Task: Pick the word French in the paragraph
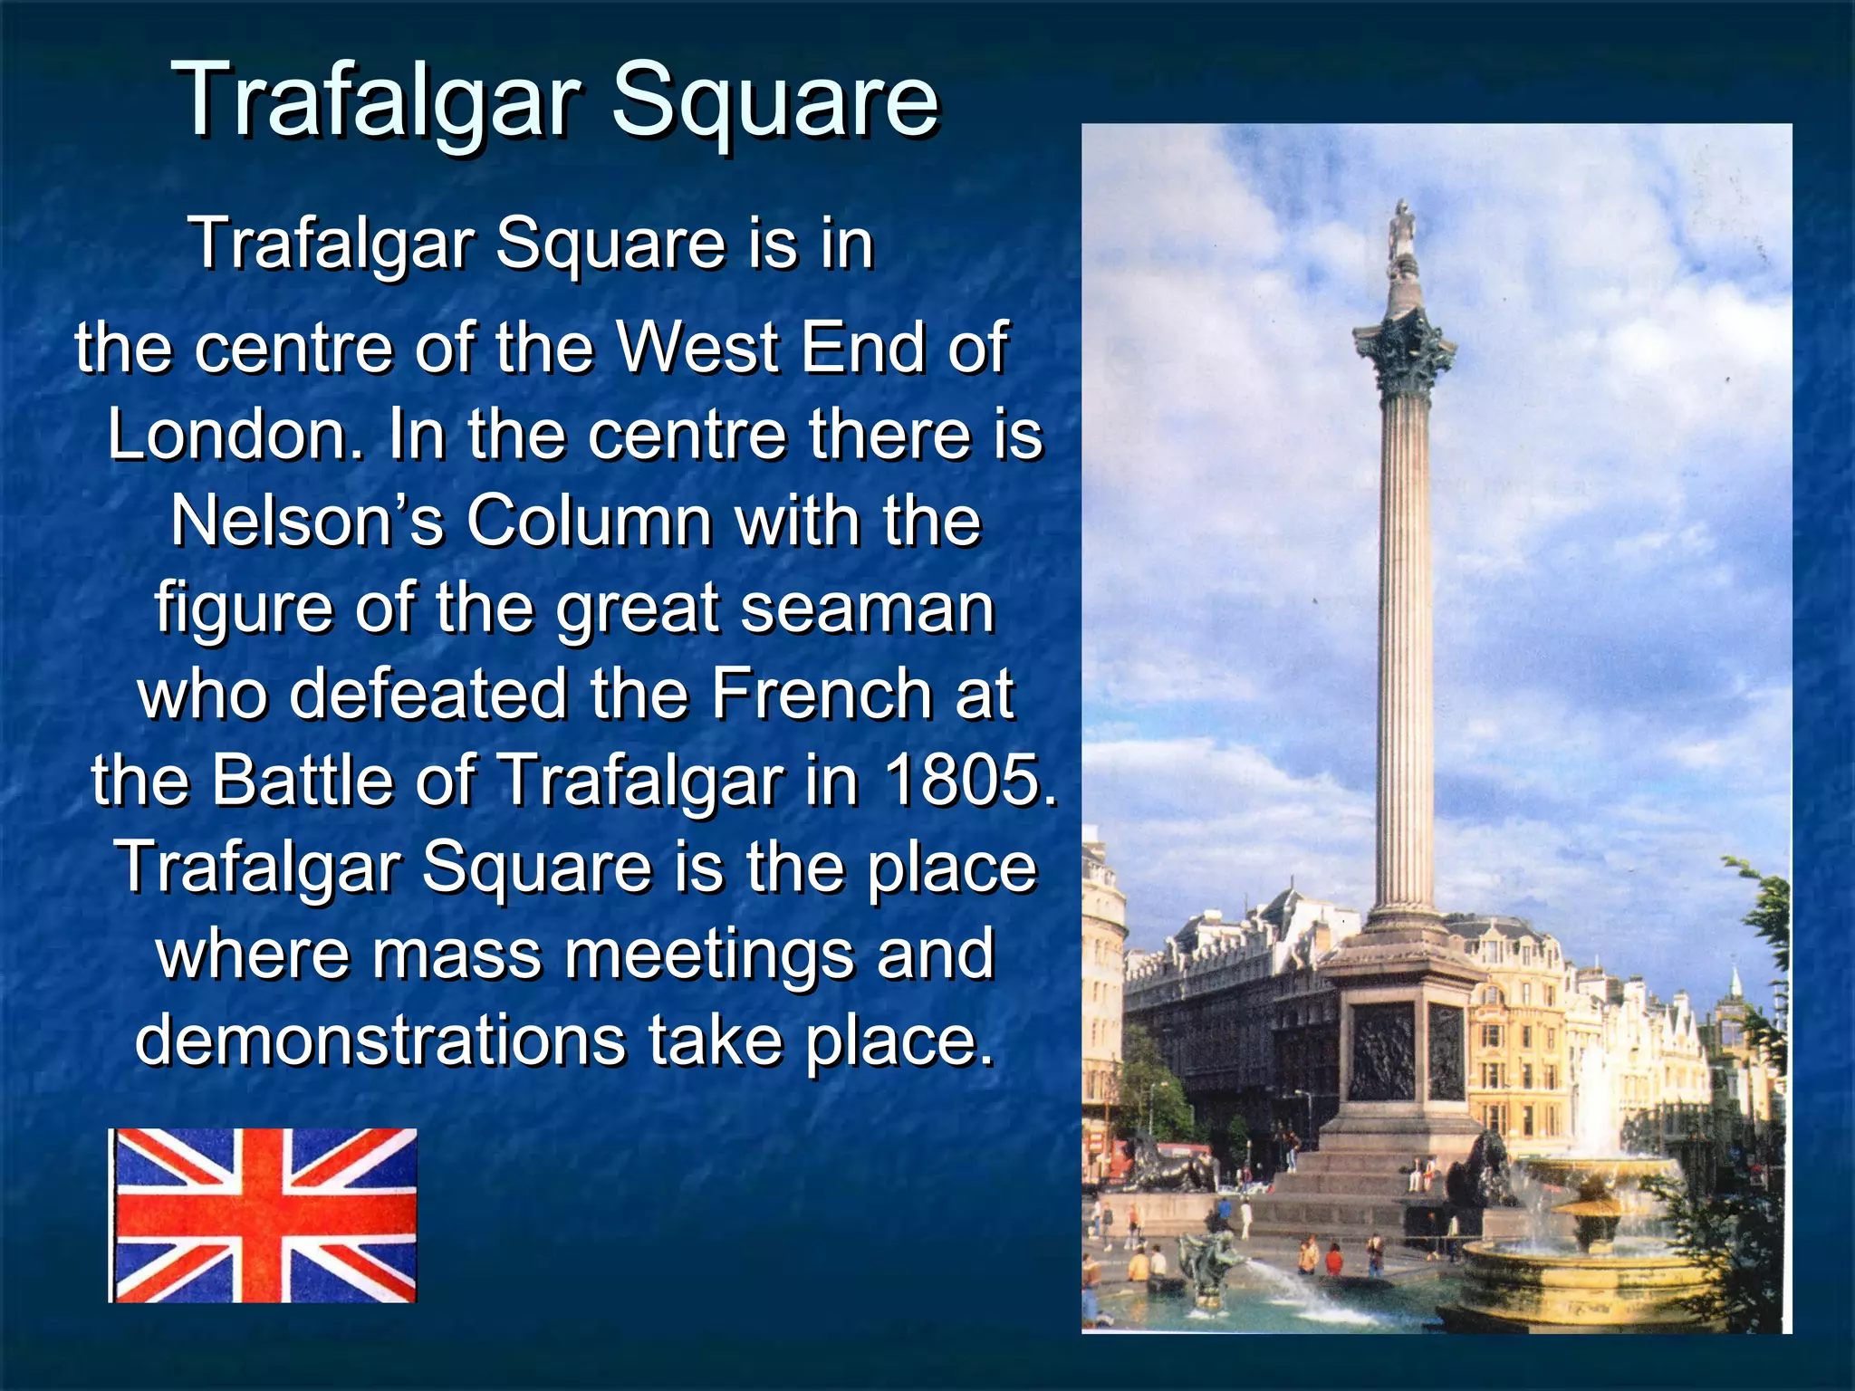821,694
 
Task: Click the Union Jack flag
263,1215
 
